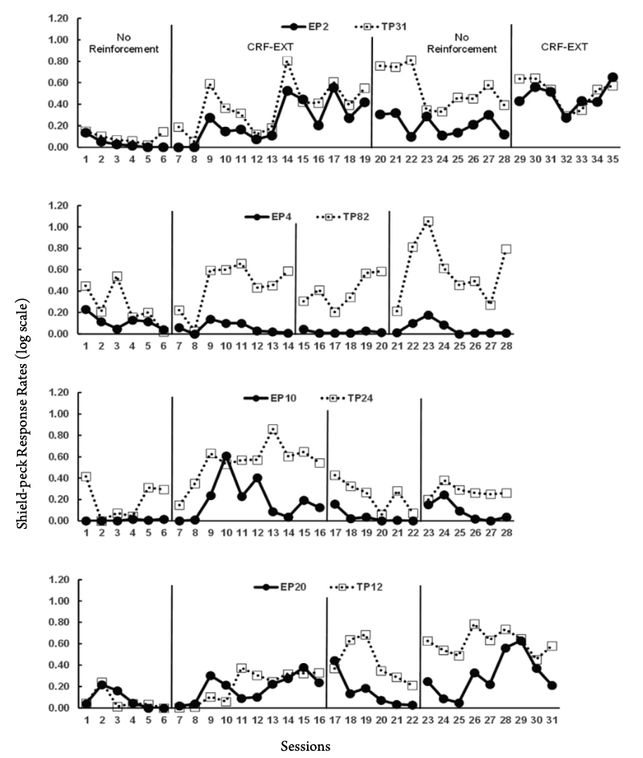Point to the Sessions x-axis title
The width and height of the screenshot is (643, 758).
(305, 745)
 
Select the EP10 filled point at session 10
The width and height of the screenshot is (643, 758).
(227, 457)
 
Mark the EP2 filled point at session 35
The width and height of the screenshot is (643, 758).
(612, 77)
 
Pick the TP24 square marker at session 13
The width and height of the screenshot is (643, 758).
(273, 429)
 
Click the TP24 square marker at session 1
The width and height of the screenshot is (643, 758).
(86, 477)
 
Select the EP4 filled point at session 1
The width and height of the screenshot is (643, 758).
(86, 309)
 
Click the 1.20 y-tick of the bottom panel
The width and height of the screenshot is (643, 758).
(59, 580)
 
